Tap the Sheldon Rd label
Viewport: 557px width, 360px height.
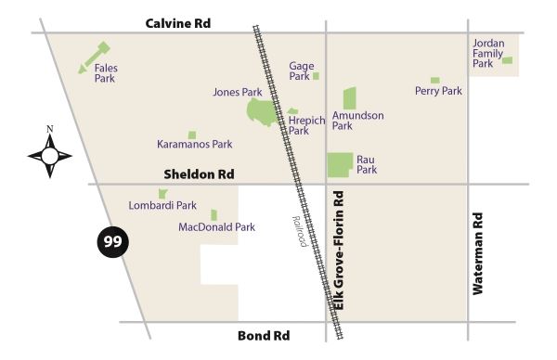coord(199,174)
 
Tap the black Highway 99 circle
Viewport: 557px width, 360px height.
coord(112,242)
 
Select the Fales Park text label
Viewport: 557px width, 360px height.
coord(106,73)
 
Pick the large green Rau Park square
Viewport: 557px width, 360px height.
coord(340,164)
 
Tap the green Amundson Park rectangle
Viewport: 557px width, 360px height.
coord(350,98)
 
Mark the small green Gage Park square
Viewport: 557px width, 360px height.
coord(316,76)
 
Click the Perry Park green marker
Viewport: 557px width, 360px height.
coord(434,81)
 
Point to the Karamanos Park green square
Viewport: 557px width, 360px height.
coord(192,135)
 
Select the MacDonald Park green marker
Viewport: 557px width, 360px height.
coord(214,214)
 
